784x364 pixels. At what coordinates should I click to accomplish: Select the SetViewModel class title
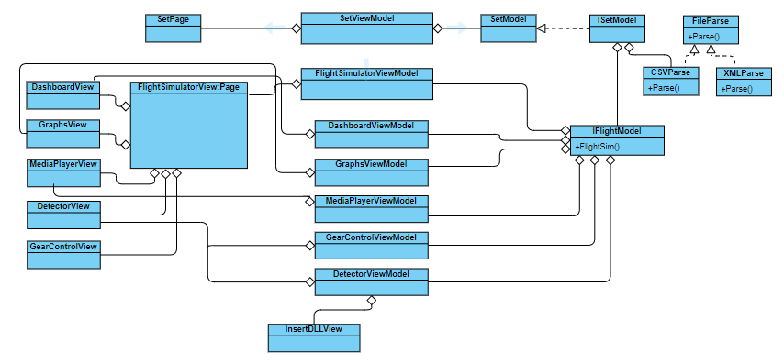(x=367, y=18)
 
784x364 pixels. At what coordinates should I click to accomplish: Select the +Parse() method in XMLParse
(x=738, y=88)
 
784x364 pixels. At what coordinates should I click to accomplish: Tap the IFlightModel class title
(x=616, y=131)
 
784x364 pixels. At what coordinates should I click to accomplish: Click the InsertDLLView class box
(x=315, y=337)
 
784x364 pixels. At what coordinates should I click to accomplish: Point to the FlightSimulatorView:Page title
(x=188, y=87)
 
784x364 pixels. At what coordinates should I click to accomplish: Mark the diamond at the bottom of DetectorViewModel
(x=372, y=301)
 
